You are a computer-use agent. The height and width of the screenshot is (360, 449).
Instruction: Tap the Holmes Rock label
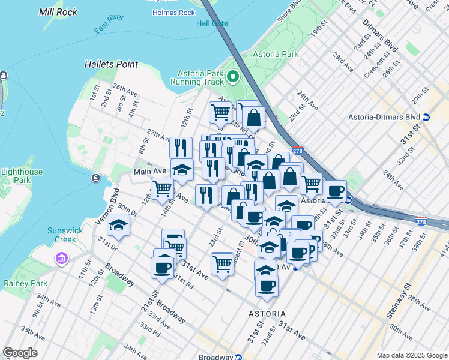click(173, 13)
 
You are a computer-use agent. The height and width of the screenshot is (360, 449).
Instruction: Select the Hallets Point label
click(111, 64)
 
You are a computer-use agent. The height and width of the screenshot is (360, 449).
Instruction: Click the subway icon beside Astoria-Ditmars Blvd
click(426, 117)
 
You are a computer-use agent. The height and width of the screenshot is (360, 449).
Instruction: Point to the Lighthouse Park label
click(22, 176)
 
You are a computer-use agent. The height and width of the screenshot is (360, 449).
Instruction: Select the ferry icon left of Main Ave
click(95, 178)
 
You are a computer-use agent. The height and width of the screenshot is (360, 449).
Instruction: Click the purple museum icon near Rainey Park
click(61, 259)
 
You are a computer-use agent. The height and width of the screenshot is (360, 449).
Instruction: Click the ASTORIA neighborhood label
click(267, 314)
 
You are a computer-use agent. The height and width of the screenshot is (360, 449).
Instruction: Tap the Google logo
click(20, 353)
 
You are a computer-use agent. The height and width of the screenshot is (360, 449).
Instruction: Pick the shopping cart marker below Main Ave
click(162, 188)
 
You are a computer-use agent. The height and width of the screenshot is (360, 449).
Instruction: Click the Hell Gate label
click(212, 23)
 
